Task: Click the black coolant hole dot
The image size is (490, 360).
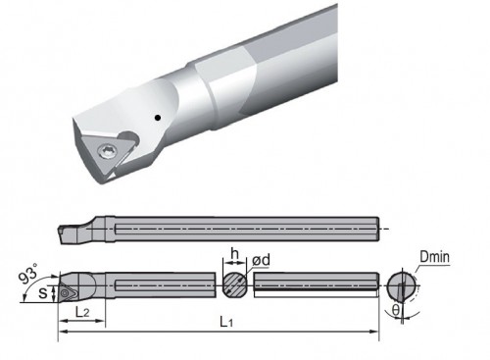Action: coord(158,118)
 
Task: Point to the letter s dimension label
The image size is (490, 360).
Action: coord(43,292)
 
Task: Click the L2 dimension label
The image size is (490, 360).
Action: coord(82,312)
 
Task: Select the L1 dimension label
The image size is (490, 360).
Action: coord(226,322)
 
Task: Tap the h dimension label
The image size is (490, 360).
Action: coord(234,254)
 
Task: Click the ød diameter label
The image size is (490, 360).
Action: coord(262,260)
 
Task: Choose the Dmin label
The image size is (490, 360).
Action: coord(434,257)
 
